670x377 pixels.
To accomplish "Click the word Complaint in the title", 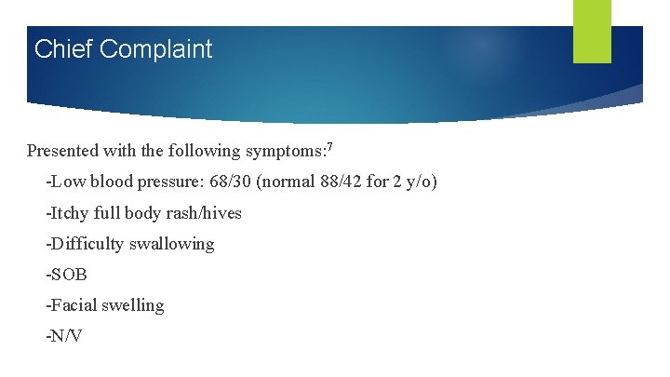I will [x=155, y=50].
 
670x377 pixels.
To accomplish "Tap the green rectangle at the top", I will [x=592, y=31].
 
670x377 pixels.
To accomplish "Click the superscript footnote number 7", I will [x=329, y=146].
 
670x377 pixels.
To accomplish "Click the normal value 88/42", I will [x=337, y=182].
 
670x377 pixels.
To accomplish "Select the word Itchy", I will [x=71, y=212].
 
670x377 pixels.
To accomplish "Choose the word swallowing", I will [x=175, y=244].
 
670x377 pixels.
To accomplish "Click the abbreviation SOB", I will [x=69, y=275].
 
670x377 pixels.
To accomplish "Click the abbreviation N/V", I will [x=67, y=336].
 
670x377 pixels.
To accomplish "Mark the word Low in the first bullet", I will [x=68, y=182].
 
